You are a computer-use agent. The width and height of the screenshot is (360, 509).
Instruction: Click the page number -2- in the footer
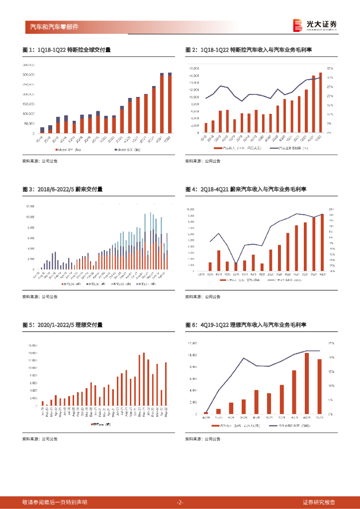tap(180, 502)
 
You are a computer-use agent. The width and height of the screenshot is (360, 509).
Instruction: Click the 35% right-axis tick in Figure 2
tap(330, 68)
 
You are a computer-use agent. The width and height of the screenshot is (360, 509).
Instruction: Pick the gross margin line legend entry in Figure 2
tap(289, 148)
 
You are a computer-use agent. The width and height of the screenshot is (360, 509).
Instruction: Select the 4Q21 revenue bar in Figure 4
tap(322, 242)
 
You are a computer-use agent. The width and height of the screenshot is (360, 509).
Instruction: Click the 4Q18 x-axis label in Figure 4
tap(218, 273)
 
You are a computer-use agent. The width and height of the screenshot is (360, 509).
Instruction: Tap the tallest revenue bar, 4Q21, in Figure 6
tap(307, 383)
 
